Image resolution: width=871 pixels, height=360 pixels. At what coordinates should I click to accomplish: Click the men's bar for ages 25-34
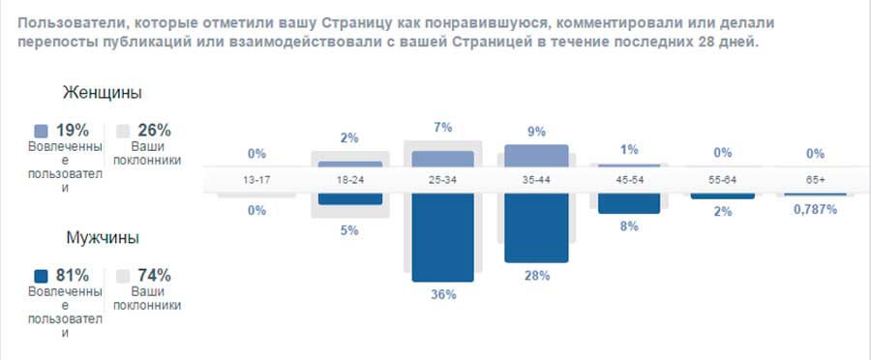pyautogui.click(x=443, y=237)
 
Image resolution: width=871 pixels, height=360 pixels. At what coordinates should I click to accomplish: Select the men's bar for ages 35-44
pyautogui.click(x=536, y=228)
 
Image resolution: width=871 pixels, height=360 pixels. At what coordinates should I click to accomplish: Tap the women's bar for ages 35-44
pyautogui.click(x=536, y=156)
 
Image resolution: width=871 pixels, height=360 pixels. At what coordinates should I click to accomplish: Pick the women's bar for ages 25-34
pyautogui.click(x=443, y=159)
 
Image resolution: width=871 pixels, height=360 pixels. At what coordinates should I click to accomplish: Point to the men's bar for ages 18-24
pyautogui.click(x=350, y=198)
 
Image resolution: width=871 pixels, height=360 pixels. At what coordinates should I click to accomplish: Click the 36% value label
pyautogui.click(x=443, y=295)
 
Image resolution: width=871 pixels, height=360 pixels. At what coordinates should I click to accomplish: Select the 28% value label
pyautogui.click(x=536, y=276)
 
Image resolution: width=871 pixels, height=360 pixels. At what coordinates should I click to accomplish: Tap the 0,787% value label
pyautogui.click(x=815, y=209)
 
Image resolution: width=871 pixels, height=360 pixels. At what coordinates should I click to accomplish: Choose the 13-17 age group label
pyautogui.click(x=256, y=180)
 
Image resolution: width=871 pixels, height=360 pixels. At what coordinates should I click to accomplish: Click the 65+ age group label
pyautogui.click(x=815, y=180)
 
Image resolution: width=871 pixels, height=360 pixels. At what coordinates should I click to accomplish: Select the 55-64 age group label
pyautogui.click(x=722, y=180)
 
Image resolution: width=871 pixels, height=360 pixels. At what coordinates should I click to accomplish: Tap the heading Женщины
pyautogui.click(x=103, y=93)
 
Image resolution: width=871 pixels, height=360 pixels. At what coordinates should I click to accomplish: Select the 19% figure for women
pyautogui.click(x=73, y=130)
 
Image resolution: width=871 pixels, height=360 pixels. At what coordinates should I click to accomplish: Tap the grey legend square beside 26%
pyautogui.click(x=123, y=130)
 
